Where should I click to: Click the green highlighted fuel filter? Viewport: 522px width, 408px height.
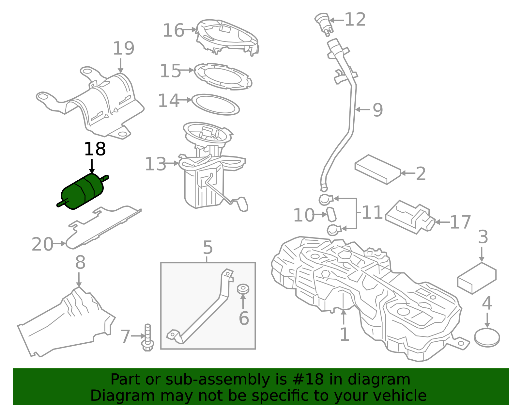(x=83, y=191)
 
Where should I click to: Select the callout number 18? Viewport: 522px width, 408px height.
(x=95, y=149)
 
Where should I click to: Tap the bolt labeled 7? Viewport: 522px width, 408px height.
(x=148, y=337)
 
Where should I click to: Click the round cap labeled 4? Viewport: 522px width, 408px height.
(x=487, y=337)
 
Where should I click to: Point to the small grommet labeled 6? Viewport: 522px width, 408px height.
(x=243, y=289)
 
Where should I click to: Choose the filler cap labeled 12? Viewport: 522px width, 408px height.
(x=323, y=24)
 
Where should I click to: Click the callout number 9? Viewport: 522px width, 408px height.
(x=377, y=110)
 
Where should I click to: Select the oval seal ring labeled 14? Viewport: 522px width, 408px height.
(x=216, y=105)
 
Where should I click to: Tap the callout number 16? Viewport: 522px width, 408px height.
(x=174, y=30)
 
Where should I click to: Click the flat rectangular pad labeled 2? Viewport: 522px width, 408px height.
(x=378, y=170)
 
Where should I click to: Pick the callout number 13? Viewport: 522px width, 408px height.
(x=155, y=164)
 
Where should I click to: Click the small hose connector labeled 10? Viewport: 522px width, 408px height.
(x=331, y=214)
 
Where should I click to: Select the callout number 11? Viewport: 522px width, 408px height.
(x=372, y=212)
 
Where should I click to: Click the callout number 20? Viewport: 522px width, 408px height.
(x=42, y=244)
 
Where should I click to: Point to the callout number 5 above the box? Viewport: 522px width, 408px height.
(x=208, y=247)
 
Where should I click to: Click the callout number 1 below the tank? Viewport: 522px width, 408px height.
(x=345, y=334)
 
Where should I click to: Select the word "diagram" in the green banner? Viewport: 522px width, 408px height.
(x=379, y=380)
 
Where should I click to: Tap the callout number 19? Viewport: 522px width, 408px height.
(x=123, y=48)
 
